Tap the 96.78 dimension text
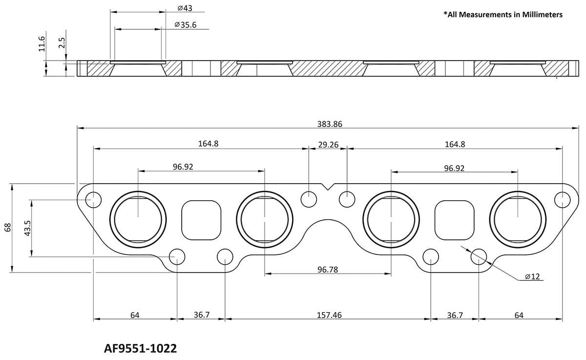tap(328, 269)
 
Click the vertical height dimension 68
tap(7, 228)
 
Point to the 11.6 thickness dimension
tap(42, 43)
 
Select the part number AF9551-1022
tap(141, 349)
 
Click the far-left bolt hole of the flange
tap(93, 199)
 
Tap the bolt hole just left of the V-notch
tap(309, 199)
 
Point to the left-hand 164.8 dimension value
tap(209, 144)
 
